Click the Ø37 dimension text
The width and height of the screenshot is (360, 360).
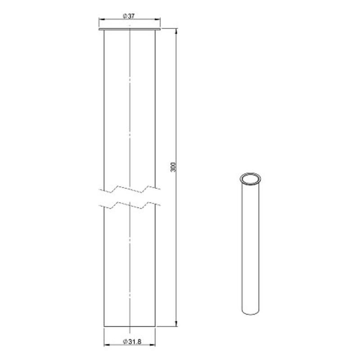tap(129, 16)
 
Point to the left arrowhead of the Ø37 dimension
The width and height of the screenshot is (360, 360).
tap(101, 20)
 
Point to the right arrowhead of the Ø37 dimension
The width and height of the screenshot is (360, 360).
tap(158, 20)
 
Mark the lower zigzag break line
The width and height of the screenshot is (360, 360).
tap(130, 206)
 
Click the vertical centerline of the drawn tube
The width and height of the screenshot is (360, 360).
tap(130, 112)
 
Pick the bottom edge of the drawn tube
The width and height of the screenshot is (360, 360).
tap(130, 327)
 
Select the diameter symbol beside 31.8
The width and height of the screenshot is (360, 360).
tap(124, 342)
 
